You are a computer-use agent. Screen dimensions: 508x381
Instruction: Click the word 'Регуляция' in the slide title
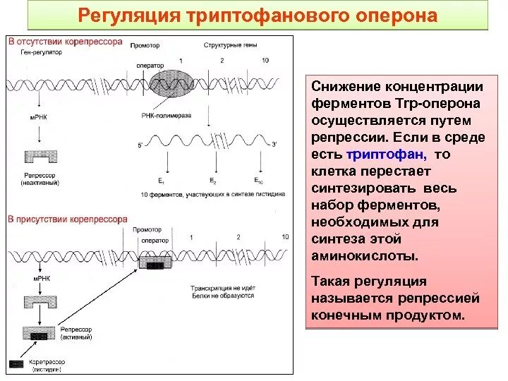point(122,16)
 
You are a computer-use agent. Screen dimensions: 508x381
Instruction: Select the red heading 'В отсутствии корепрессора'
point(65,42)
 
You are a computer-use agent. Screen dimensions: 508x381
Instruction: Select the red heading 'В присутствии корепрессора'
point(68,219)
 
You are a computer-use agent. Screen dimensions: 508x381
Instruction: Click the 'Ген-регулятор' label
point(37,52)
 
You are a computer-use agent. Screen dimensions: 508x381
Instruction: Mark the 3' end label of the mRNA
point(273,145)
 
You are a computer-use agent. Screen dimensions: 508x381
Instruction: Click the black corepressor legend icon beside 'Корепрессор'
point(16,363)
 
